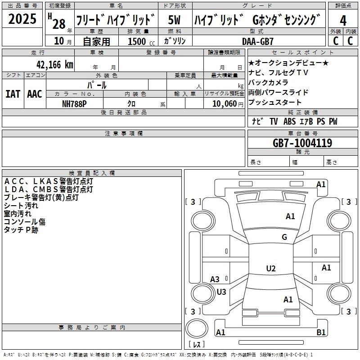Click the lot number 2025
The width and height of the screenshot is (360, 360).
[22, 19]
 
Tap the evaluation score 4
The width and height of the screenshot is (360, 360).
[343, 20]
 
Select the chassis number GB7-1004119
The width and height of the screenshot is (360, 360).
[302, 143]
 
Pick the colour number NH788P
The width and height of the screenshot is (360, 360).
[75, 103]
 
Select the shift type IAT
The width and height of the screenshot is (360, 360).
[13, 94]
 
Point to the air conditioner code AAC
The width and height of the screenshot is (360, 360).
[35, 94]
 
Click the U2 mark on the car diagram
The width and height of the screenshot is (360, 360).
[270, 269]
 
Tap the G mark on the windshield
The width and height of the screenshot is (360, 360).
[284, 237]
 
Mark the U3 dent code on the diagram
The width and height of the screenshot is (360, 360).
[221, 292]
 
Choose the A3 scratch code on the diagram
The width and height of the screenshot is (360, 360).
[215, 279]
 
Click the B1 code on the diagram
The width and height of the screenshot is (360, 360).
[321, 333]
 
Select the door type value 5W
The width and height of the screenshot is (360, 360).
[175, 20]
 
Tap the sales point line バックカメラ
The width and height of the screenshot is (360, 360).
[268, 82]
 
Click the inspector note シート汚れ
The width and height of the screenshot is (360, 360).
[21, 206]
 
